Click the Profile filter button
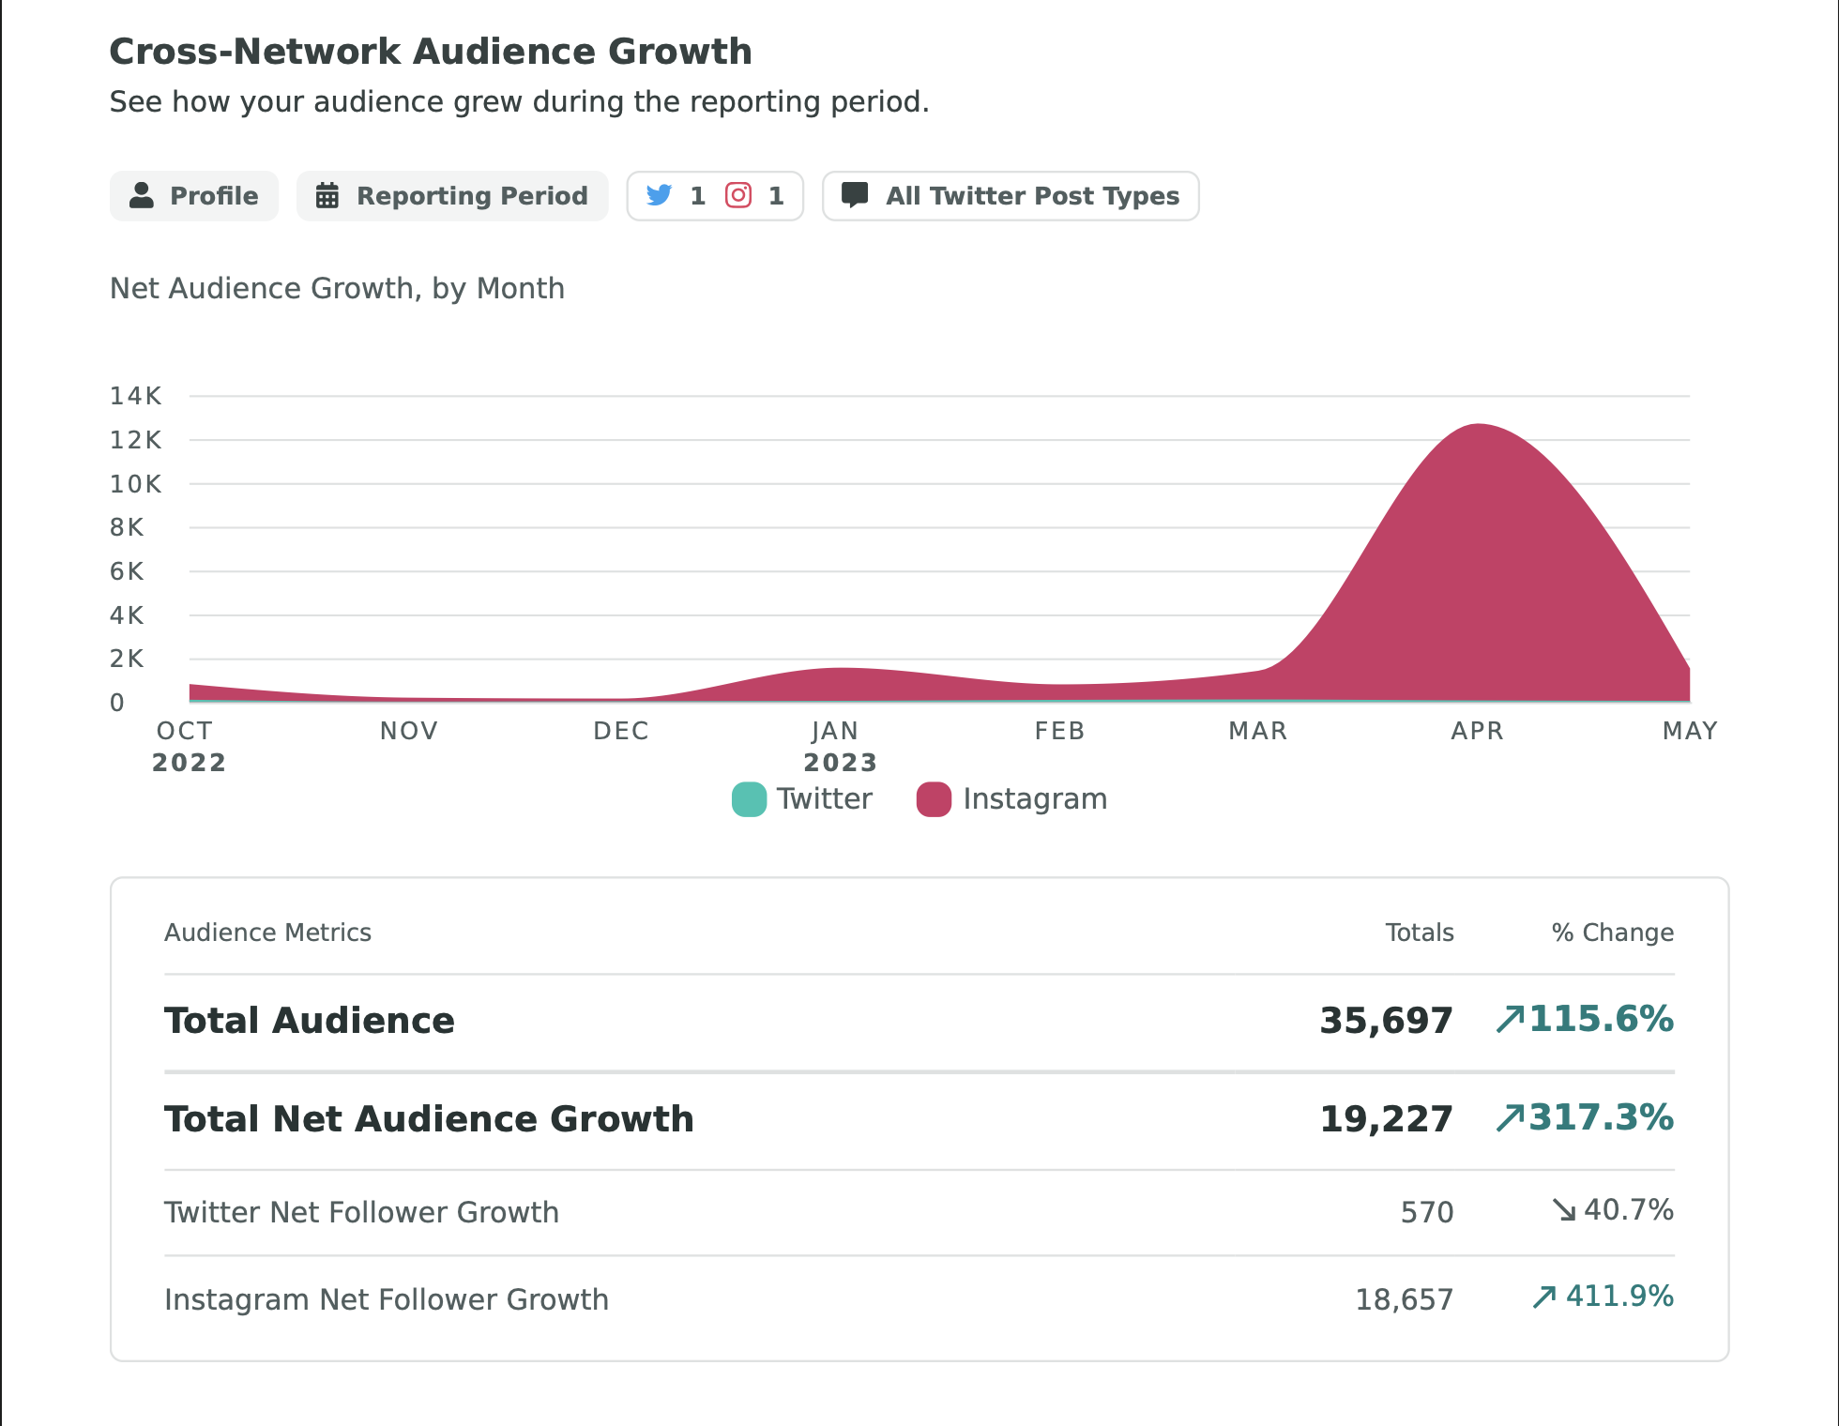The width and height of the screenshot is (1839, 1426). point(194,196)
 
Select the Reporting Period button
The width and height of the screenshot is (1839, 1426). point(452,196)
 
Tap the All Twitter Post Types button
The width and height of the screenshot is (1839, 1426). point(1011,196)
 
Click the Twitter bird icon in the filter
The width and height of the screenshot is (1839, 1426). point(660,195)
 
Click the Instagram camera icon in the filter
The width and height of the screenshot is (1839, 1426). point(738,195)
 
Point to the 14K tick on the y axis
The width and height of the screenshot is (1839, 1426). point(136,396)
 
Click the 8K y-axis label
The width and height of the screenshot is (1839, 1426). point(127,527)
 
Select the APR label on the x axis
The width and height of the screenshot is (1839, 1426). point(1477,731)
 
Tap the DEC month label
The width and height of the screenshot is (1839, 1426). point(620,731)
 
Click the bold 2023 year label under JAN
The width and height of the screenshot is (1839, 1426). point(840,763)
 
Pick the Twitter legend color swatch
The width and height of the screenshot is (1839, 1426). point(749,799)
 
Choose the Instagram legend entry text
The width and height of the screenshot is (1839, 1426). point(1034,799)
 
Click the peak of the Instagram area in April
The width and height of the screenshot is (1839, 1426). point(1479,428)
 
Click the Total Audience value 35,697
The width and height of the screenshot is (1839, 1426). point(1386,1021)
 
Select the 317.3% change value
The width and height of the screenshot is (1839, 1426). point(1601,1117)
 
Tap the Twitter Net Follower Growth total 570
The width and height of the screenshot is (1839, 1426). point(1426,1212)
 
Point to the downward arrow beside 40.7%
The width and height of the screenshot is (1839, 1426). point(1563,1210)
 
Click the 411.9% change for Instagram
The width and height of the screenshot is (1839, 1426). point(1619,1297)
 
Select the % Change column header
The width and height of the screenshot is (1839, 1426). point(1612,933)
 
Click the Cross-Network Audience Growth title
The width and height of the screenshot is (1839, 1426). point(431,52)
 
